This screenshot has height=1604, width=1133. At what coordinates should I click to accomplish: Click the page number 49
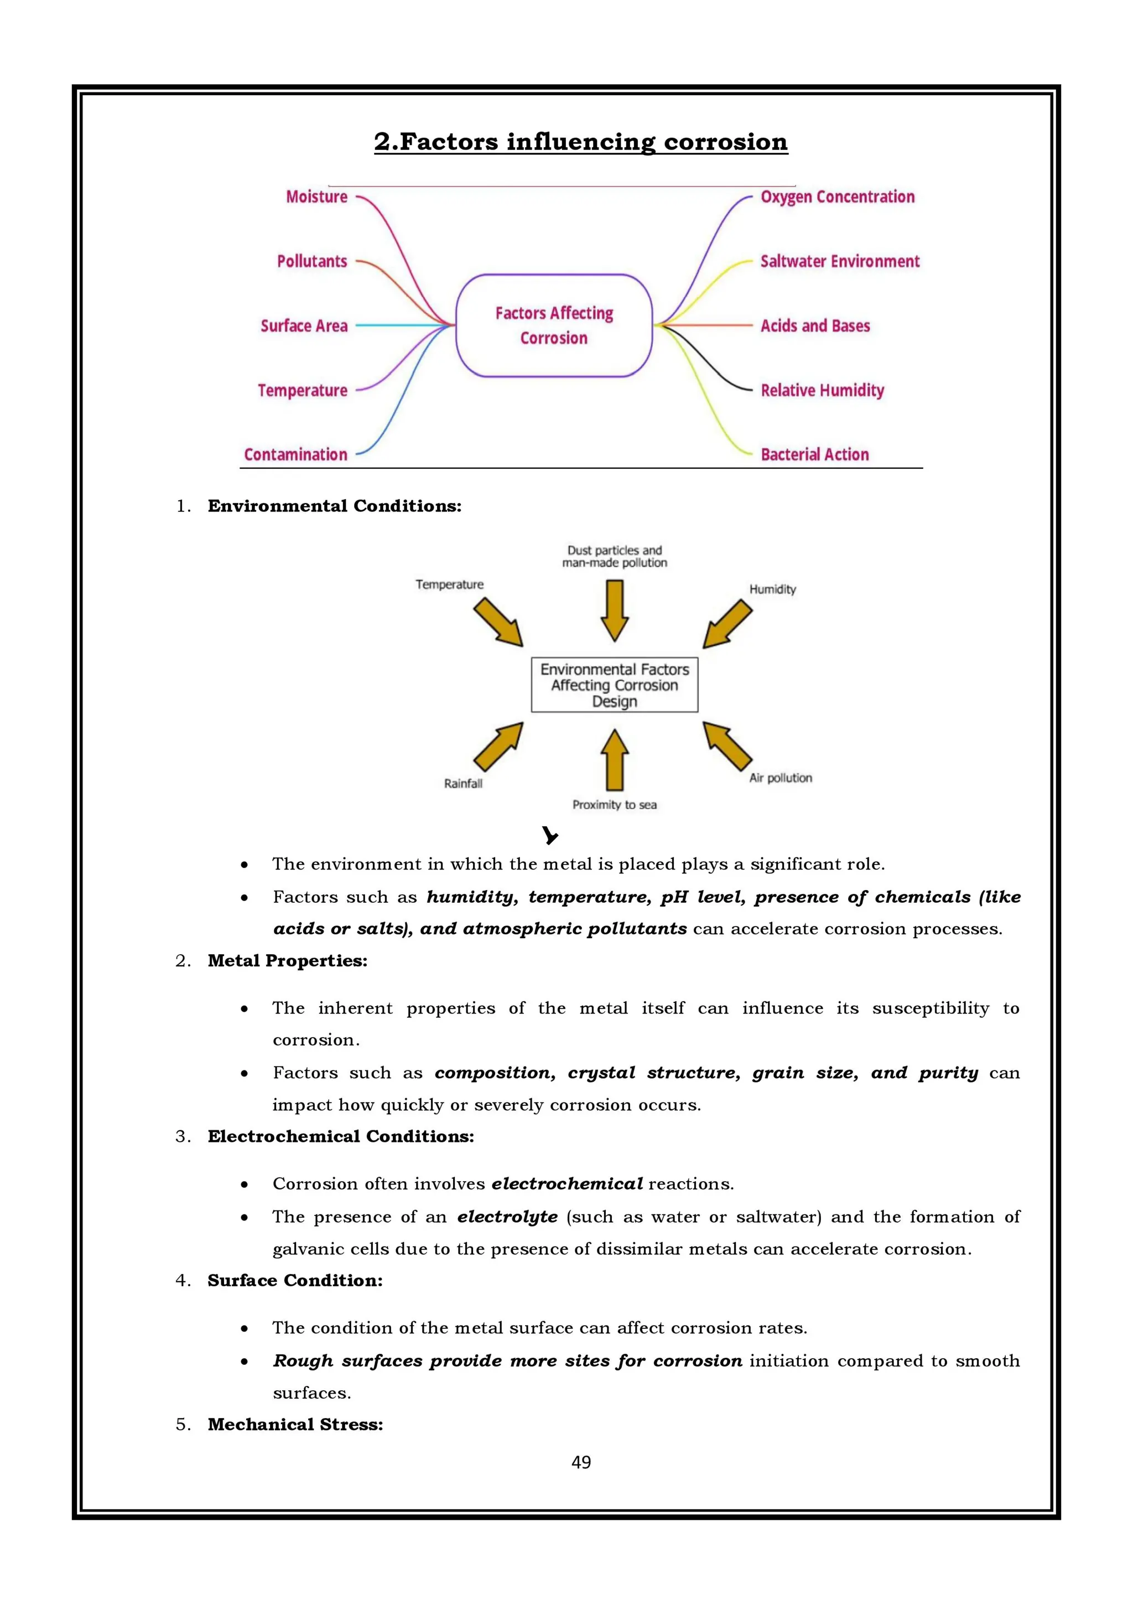(580, 1462)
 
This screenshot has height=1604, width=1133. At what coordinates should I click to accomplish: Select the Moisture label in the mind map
(316, 197)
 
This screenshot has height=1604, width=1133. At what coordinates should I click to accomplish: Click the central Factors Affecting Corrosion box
(554, 325)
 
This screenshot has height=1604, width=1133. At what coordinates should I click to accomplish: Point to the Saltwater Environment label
(839, 261)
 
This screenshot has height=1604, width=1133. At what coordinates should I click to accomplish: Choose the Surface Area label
(304, 325)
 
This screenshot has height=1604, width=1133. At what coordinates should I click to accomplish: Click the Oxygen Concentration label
(837, 197)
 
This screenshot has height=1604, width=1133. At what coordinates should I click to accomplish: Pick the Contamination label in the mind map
(295, 455)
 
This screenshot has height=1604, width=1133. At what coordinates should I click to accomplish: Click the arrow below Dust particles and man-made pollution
(614, 610)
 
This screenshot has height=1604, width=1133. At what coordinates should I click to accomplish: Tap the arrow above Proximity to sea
(614, 759)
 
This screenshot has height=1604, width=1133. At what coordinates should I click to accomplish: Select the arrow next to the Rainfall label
(498, 746)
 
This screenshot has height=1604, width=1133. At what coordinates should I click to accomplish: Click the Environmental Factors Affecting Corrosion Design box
(614, 685)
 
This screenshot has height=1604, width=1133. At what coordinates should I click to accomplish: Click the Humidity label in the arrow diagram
(772, 589)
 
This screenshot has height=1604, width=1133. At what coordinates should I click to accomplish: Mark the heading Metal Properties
(287, 961)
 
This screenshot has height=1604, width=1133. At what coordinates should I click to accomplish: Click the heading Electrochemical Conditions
(341, 1137)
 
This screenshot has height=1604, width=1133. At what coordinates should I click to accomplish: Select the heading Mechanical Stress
(295, 1425)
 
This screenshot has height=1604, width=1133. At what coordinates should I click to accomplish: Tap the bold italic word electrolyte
(507, 1217)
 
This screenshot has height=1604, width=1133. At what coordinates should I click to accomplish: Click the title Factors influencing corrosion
(580, 142)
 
